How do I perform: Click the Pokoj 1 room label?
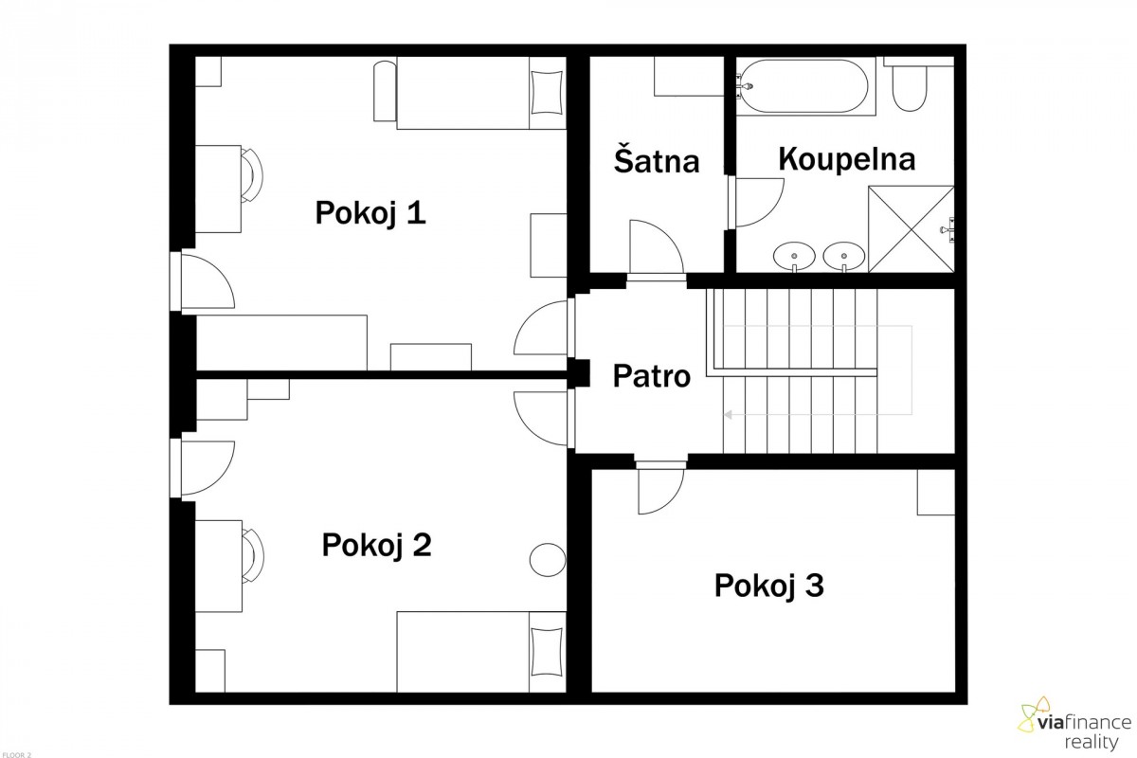coord(370,213)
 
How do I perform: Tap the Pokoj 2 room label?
coord(377,545)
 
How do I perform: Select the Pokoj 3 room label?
coord(769,586)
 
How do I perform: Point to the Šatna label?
coord(657,159)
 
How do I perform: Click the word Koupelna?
coord(847,160)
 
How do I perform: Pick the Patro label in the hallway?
coord(652,376)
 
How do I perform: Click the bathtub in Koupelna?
coord(806,86)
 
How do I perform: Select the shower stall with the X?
coord(911,229)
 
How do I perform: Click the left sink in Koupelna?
coord(794,256)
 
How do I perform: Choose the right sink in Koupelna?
coord(843,256)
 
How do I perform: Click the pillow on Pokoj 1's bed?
coord(547,93)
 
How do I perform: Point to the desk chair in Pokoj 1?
coord(252,175)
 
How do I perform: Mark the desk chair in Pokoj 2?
coord(252,555)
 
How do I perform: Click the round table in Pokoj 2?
coord(548,560)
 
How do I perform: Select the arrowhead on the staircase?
coord(728,415)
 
